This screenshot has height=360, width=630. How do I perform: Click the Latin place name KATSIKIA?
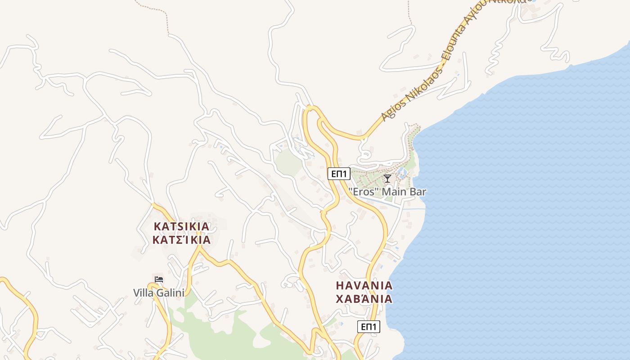[181, 226]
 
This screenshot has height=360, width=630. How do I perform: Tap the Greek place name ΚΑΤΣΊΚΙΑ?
[181, 239]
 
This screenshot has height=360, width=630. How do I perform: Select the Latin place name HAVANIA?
[364, 285]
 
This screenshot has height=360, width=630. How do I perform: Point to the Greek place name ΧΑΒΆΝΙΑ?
[364, 299]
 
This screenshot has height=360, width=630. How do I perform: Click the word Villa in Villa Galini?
[143, 293]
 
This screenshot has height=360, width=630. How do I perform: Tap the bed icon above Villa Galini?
[158, 280]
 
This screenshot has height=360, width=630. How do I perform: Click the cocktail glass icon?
[387, 179]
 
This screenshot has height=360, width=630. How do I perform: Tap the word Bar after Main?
[418, 192]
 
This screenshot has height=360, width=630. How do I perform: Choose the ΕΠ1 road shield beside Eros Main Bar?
[339, 174]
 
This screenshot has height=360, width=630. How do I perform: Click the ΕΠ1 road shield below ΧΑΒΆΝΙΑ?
[369, 327]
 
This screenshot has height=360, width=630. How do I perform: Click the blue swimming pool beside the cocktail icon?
[403, 172]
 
